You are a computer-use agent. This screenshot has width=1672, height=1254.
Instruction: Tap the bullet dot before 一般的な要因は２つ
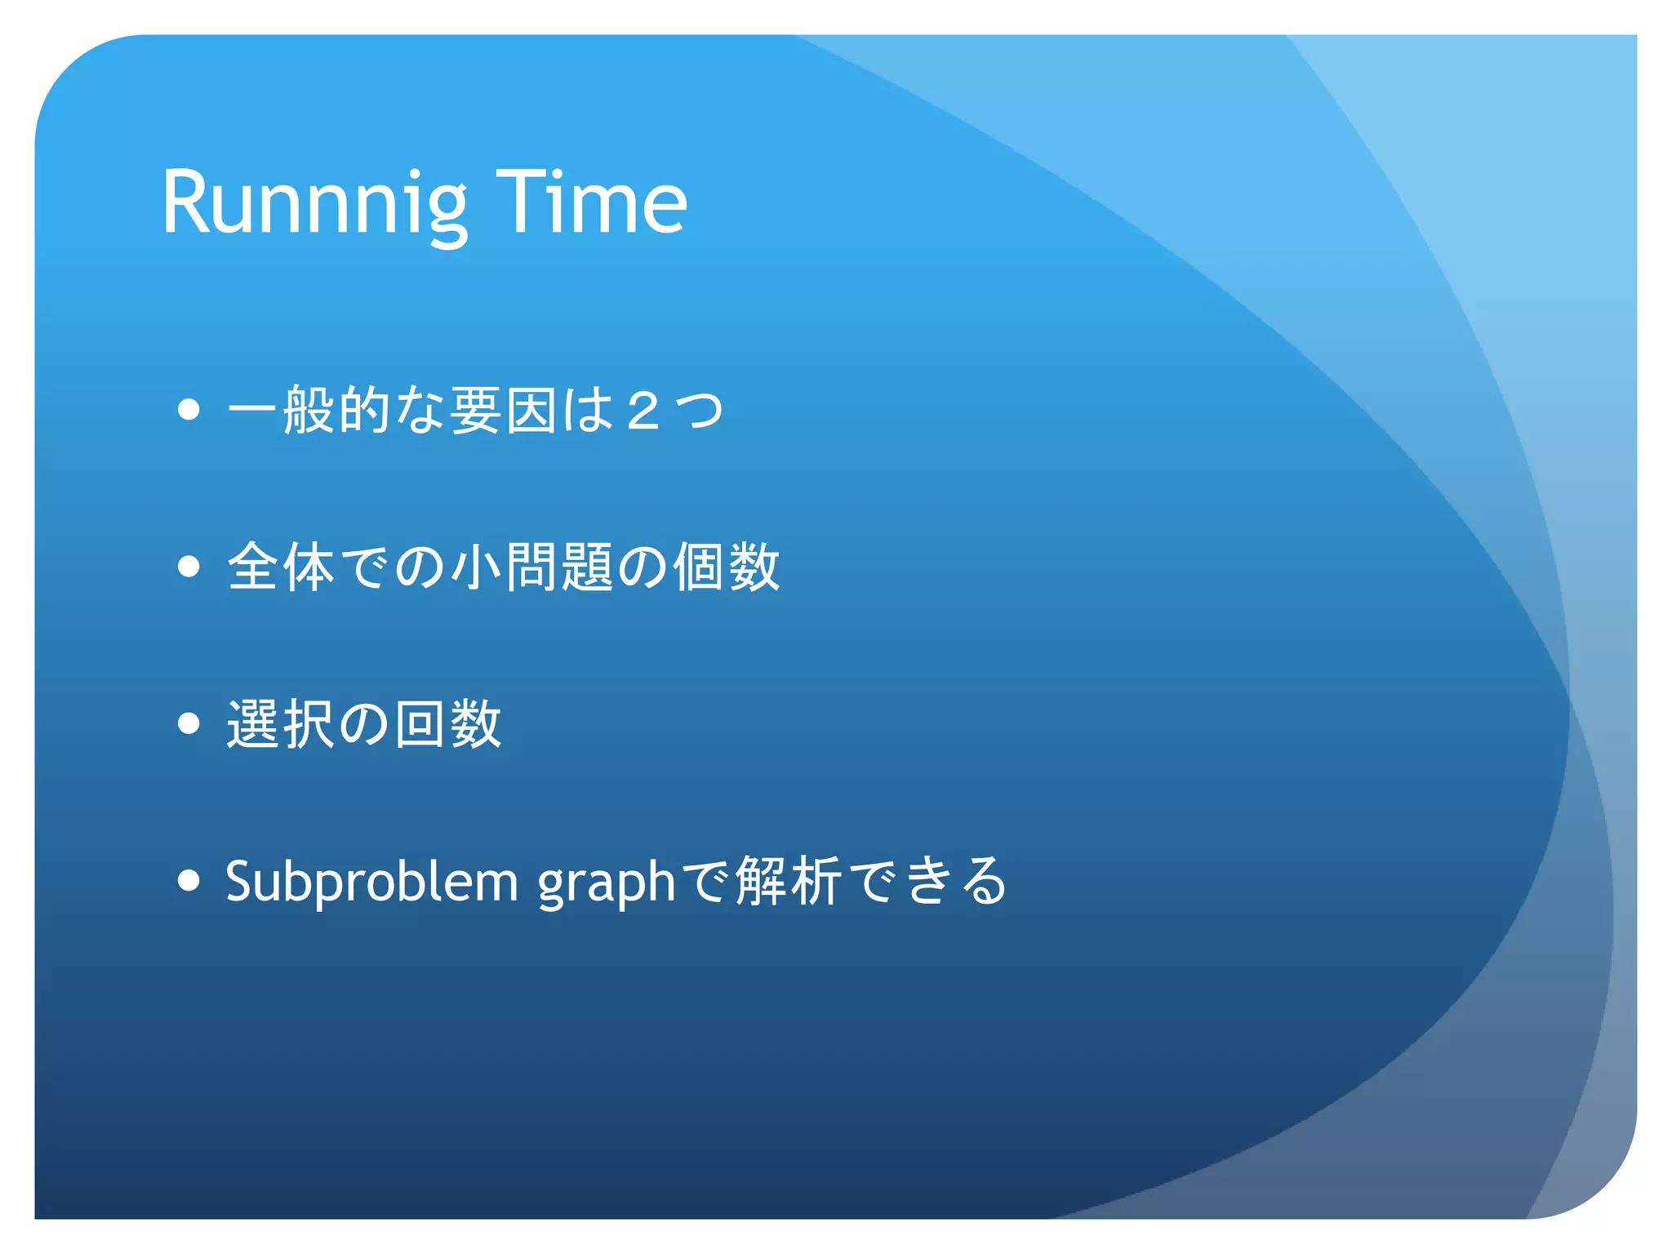(189, 409)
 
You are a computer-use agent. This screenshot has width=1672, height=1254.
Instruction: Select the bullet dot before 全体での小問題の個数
(189, 566)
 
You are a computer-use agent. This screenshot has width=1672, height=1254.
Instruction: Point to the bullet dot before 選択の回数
(189, 723)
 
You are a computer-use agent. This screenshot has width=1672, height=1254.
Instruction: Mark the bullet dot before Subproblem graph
(189, 880)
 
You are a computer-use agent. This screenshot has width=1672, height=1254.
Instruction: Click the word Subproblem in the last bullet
(371, 882)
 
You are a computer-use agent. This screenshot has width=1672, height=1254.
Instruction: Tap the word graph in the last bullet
(606, 883)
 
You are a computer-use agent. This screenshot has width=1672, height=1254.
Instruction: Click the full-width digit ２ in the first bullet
(643, 411)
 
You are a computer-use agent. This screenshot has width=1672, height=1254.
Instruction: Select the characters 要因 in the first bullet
(503, 410)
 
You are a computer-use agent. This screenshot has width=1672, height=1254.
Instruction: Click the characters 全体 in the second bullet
(281, 567)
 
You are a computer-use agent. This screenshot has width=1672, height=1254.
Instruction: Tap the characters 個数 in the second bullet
(727, 567)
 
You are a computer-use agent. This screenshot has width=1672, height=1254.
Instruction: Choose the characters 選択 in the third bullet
(281, 723)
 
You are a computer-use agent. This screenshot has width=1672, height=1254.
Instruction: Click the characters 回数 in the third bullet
(447, 723)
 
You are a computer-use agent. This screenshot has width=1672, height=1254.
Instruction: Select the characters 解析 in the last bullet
(788, 881)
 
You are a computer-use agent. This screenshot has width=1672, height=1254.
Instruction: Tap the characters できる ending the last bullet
(929, 881)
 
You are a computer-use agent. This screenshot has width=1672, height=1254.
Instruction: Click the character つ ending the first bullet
(699, 411)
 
